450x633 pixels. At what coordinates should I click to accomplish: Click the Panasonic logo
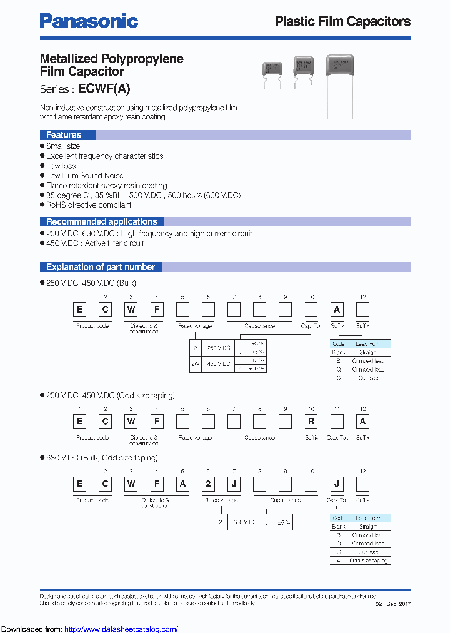pyautogui.click(x=89, y=21)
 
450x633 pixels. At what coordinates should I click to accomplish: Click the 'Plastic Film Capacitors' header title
pyautogui.click(x=342, y=21)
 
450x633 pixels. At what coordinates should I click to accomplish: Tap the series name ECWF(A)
pyautogui.click(x=104, y=89)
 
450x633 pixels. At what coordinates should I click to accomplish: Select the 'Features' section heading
pyautogui.click(x=64, y=135)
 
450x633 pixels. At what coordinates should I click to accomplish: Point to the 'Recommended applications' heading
pyautogui.click(x=101, y=221)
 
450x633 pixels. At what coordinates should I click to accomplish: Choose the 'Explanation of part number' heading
pyautogui.click(x=101, y=267)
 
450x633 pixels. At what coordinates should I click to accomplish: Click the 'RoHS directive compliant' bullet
pyautogui.click(x=89, y=205)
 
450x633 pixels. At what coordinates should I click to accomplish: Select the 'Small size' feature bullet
pyautogui.click(x=63, y=146)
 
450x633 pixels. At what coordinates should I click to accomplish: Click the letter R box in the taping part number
pyautogui.click(x=311, y=422)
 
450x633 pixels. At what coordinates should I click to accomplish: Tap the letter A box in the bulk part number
pyautogui.click(x=337, y=310)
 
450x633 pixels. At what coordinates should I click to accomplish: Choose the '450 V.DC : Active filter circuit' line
pyautogui.click(x=95, y=243)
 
